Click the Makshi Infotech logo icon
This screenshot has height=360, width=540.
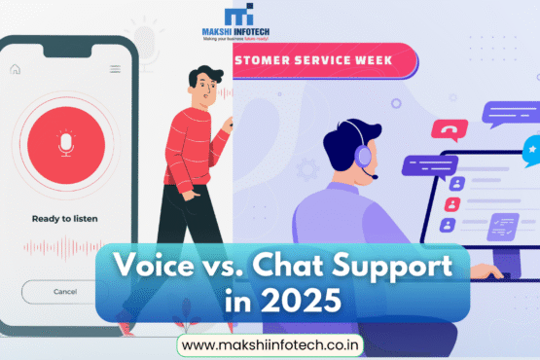click(237, 18)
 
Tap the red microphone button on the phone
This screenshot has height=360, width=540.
click(65, 144)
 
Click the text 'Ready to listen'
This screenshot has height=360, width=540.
click(65, 219)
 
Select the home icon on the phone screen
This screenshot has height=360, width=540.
click(15, 69)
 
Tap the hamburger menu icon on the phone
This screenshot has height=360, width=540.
click(115, 69)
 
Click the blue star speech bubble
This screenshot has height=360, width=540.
click(531, 149)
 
